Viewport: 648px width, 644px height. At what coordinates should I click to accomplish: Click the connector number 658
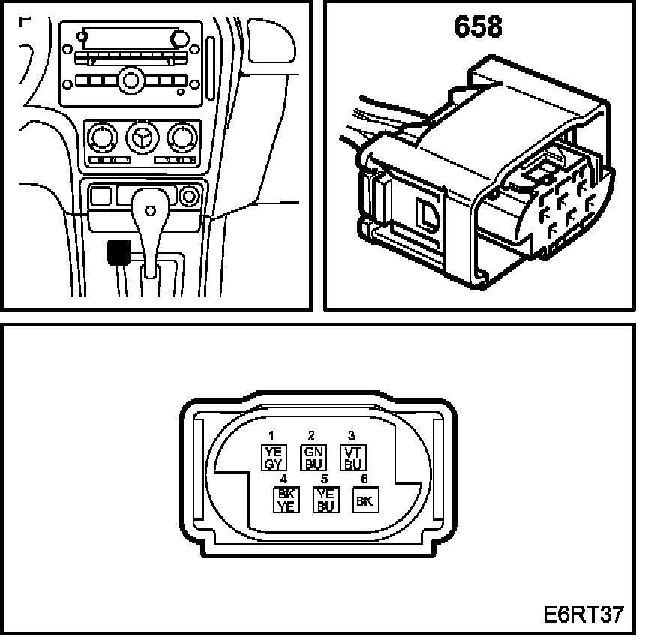[x=477, y=26]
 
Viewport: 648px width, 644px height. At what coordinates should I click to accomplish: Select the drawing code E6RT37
[x=583, y=615]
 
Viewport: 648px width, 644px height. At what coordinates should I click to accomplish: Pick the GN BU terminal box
[x=311, y=457]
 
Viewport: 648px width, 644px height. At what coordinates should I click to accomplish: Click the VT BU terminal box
[x=352, y=457]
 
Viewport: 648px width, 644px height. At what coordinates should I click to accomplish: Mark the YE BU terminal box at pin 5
[x=325, y=500]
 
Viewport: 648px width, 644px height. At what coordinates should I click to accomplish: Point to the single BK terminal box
[x=365, y=501]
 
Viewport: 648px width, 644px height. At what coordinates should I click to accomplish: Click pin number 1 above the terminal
[x=271, y=436]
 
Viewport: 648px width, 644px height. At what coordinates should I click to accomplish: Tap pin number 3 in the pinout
[x=352, y=436]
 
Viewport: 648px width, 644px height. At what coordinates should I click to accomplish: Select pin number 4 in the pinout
[x=283, y=479]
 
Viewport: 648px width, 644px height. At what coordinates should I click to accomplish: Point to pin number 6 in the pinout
[x=364, y=479]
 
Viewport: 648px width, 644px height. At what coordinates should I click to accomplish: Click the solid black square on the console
[x=118, y=253]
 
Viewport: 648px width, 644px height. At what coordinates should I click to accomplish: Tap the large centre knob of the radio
[x=131, y=78]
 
